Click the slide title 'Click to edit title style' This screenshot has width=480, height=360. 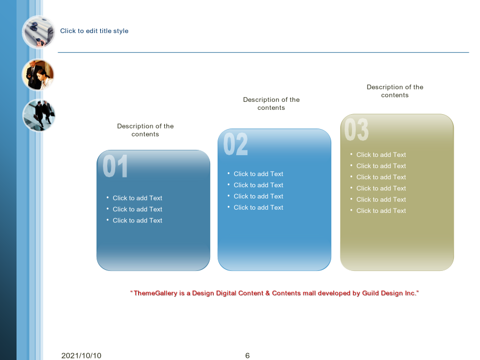[x=94, y=31]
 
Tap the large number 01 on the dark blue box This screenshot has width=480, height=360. [x=115, y=166]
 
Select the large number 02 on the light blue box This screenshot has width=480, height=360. [x=235, y=144]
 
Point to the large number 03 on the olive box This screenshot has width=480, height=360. [x=356, y=130]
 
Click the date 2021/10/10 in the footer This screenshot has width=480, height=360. [x=81, y=355]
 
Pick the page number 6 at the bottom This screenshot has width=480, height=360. [x=247, y=355]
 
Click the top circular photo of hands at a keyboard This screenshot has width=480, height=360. [x=38, y=32]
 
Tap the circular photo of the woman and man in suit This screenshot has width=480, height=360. [x=38, y=75]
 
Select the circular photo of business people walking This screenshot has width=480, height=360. [x=38, y=115]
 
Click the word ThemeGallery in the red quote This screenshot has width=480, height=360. [x=156, y=293]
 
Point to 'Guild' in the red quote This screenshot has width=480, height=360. [x=371, y=293]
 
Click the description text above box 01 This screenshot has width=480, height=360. [x=146, y=130]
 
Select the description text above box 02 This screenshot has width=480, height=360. [x=271, y=103]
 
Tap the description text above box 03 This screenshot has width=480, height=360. [x=395, y=91]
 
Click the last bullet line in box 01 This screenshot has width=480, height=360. [x=138, y=220]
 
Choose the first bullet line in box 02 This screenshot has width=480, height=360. [x=258, y=174]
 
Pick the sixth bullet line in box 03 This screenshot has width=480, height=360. [x=381, y=211]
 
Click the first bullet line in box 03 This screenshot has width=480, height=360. [x=381, y=155]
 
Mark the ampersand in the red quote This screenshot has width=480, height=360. [x=268, y=293]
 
